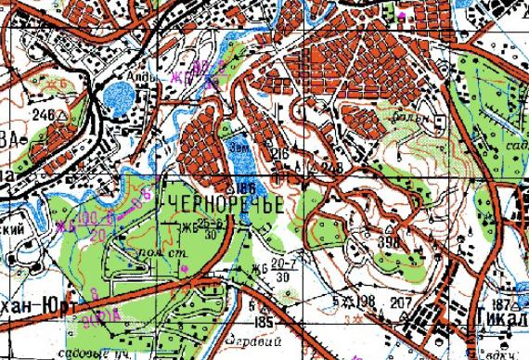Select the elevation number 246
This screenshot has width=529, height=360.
coord(43,115)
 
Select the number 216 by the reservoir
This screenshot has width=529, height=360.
coord(280,151)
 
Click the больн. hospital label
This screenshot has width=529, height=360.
coord(415,119)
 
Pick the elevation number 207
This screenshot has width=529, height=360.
coord(400,303)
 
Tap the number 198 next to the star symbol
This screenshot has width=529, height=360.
coord(367,303)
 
